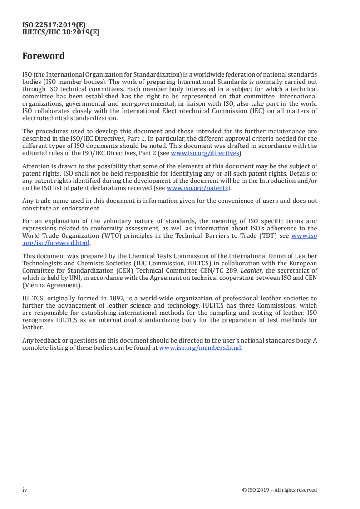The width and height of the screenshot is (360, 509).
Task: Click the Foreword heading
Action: [x=44, y=56]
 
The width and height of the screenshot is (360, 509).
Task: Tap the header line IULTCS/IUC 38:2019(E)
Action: [x=61, y=32]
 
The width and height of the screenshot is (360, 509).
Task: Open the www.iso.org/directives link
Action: [x=204, y=153]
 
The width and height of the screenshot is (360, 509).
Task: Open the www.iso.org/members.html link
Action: [x=200, y=348]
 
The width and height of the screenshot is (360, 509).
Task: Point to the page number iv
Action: [x=25, y=489]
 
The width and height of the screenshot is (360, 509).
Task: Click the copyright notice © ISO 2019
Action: [x=280, y=490]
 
